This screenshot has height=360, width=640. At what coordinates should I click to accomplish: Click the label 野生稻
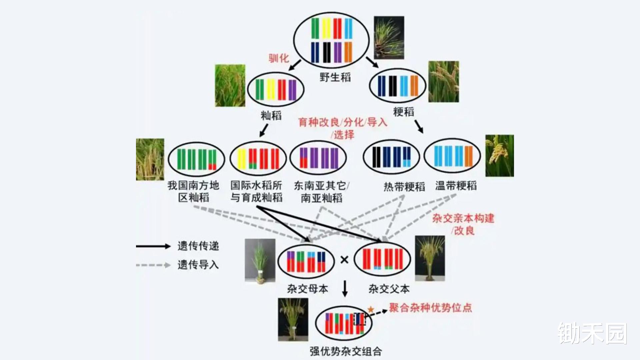tap(335, 77)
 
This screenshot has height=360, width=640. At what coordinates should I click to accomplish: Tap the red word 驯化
tap(279, 58)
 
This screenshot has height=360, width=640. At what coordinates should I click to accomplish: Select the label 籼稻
tap(271, 116)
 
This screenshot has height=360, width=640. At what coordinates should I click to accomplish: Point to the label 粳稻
tap(404, 112)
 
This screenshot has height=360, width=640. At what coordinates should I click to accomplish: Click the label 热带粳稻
tap(404, 187)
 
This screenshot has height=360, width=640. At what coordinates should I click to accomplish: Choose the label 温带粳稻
tap(456, 186)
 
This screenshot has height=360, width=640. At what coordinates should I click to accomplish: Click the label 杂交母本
tap(307, 289)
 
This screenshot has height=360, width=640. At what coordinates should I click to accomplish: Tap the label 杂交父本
tap(389, 289)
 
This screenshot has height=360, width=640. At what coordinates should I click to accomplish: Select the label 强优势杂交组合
tap(346, 351)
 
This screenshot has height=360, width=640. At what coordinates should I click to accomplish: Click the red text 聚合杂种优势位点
tap(430, 308)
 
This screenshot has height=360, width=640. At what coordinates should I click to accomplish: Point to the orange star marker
tap(371, 310)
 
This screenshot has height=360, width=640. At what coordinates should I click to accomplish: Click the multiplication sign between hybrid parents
tap(344, 259)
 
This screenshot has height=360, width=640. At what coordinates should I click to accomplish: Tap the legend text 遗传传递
tap(198, 246)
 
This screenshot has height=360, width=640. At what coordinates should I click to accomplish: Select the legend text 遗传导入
tap(198, 265)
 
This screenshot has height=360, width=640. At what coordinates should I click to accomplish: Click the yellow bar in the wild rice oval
tap(326, 28)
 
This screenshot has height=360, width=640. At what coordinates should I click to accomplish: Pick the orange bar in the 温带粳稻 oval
tap(468, 156)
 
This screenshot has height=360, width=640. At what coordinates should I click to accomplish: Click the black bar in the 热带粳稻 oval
tap(376, 157)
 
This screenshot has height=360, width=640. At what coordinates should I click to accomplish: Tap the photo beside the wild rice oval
tap(389, 37)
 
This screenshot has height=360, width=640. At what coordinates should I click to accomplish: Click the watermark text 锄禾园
tap(592, 333)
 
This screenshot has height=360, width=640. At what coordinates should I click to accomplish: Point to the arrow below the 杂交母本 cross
tap(345, 288)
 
